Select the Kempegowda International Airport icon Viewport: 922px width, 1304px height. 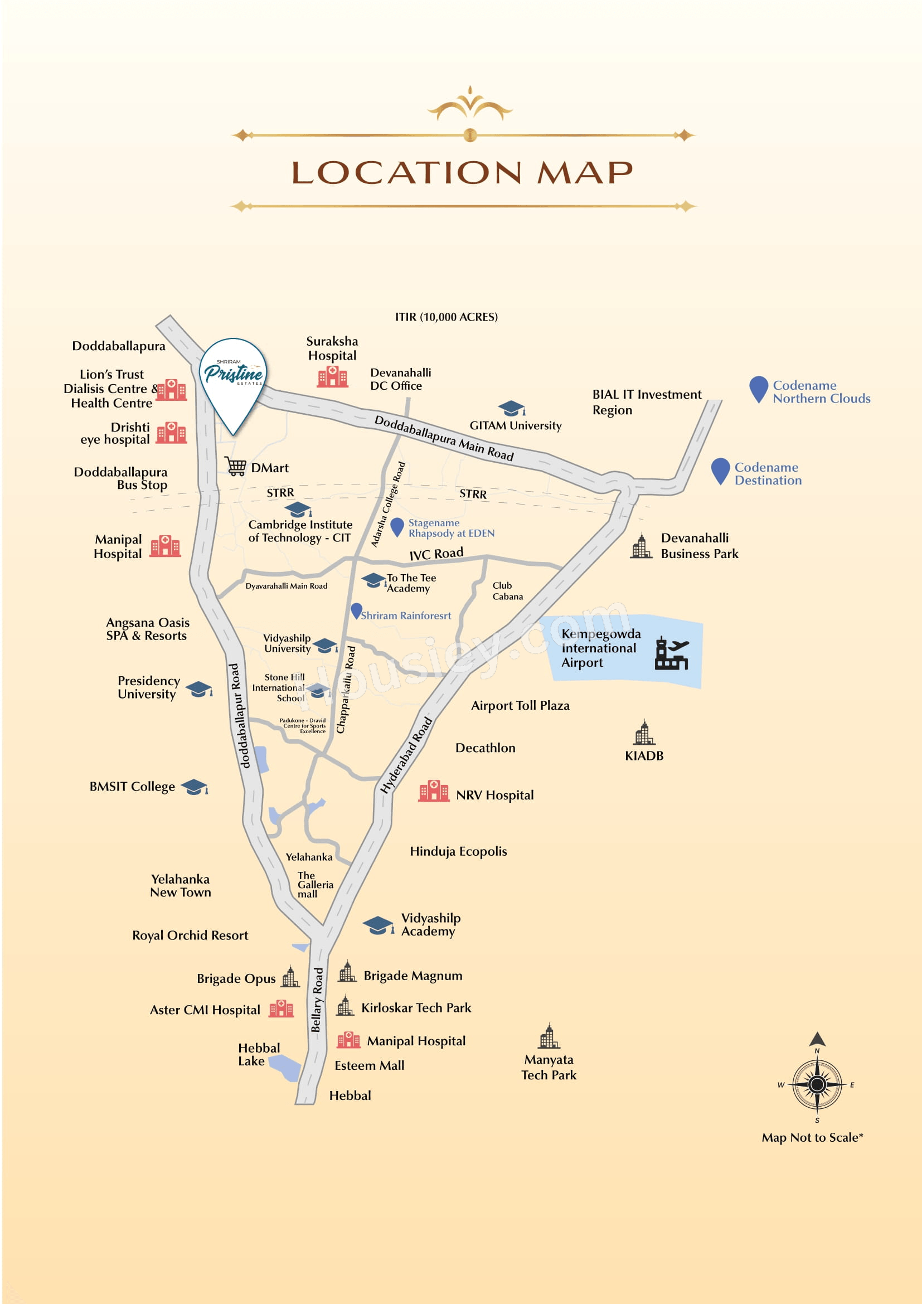[x=672, y=654]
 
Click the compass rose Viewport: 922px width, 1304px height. [x=817, y=1084]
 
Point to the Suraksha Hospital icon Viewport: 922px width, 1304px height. [x=332, y=376]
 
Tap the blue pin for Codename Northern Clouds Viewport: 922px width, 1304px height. [x=759, y=390]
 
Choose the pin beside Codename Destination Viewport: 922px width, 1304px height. [x=720, y=472]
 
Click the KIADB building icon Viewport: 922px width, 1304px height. [x=644, y=733]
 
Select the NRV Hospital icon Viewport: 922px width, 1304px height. [x=434, y=791]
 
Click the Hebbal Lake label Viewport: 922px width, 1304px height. [x=259, y=1054]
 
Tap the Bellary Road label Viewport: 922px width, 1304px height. [x=317, y=1000]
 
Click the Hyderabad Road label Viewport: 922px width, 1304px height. [x=406, y=755]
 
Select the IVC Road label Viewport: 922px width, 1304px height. [x=436, y=554]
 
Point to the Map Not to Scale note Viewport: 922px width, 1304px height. [x=812, y=1137]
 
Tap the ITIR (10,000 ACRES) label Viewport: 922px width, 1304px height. [x=447, y=317]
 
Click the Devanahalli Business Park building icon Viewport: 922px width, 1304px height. [x=642, y=546]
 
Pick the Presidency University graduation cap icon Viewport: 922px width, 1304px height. [x=198, y=689]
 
